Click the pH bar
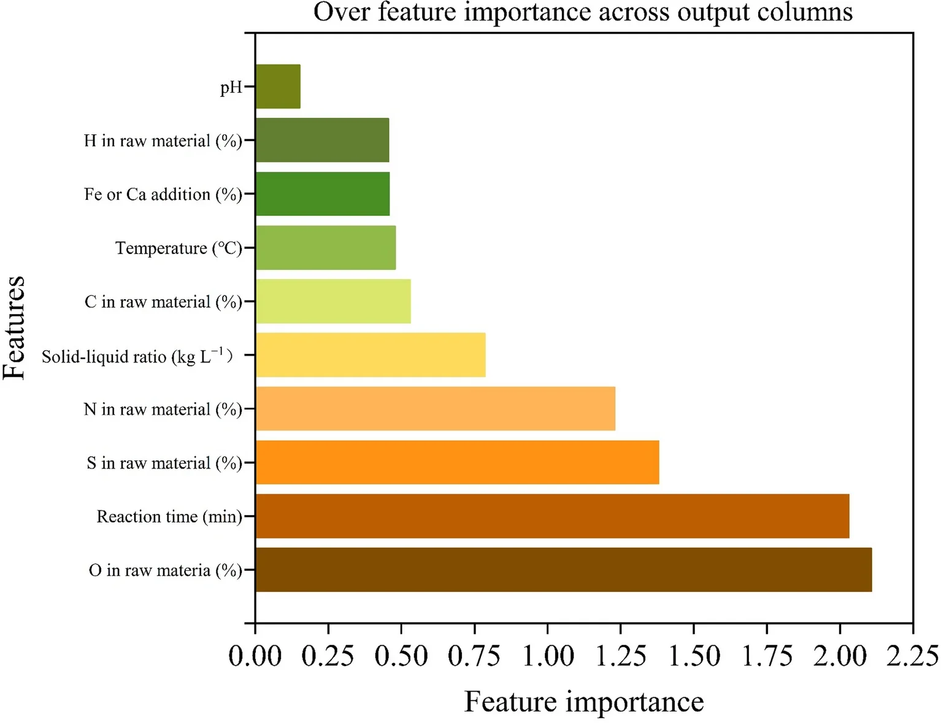coord(278,86)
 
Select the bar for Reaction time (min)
coord(552,516)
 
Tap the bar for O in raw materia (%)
coord(563,570)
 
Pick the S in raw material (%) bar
coord(457,462)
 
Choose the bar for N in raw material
coord(435,408)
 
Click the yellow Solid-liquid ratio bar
coord(371,355)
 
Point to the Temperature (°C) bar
coord(326,248)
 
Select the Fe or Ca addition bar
coord(323,194)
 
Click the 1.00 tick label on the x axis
coord(547,656)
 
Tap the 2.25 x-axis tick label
coord(912,656)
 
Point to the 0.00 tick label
coord(255,656)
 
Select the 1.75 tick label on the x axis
coord(767,656)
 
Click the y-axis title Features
coord(15,328)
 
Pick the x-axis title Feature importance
coord(583,702)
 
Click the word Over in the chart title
coord(342,12)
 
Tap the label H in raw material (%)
coord(163,141)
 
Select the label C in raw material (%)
coord(163,302)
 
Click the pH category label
coord(231,88)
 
